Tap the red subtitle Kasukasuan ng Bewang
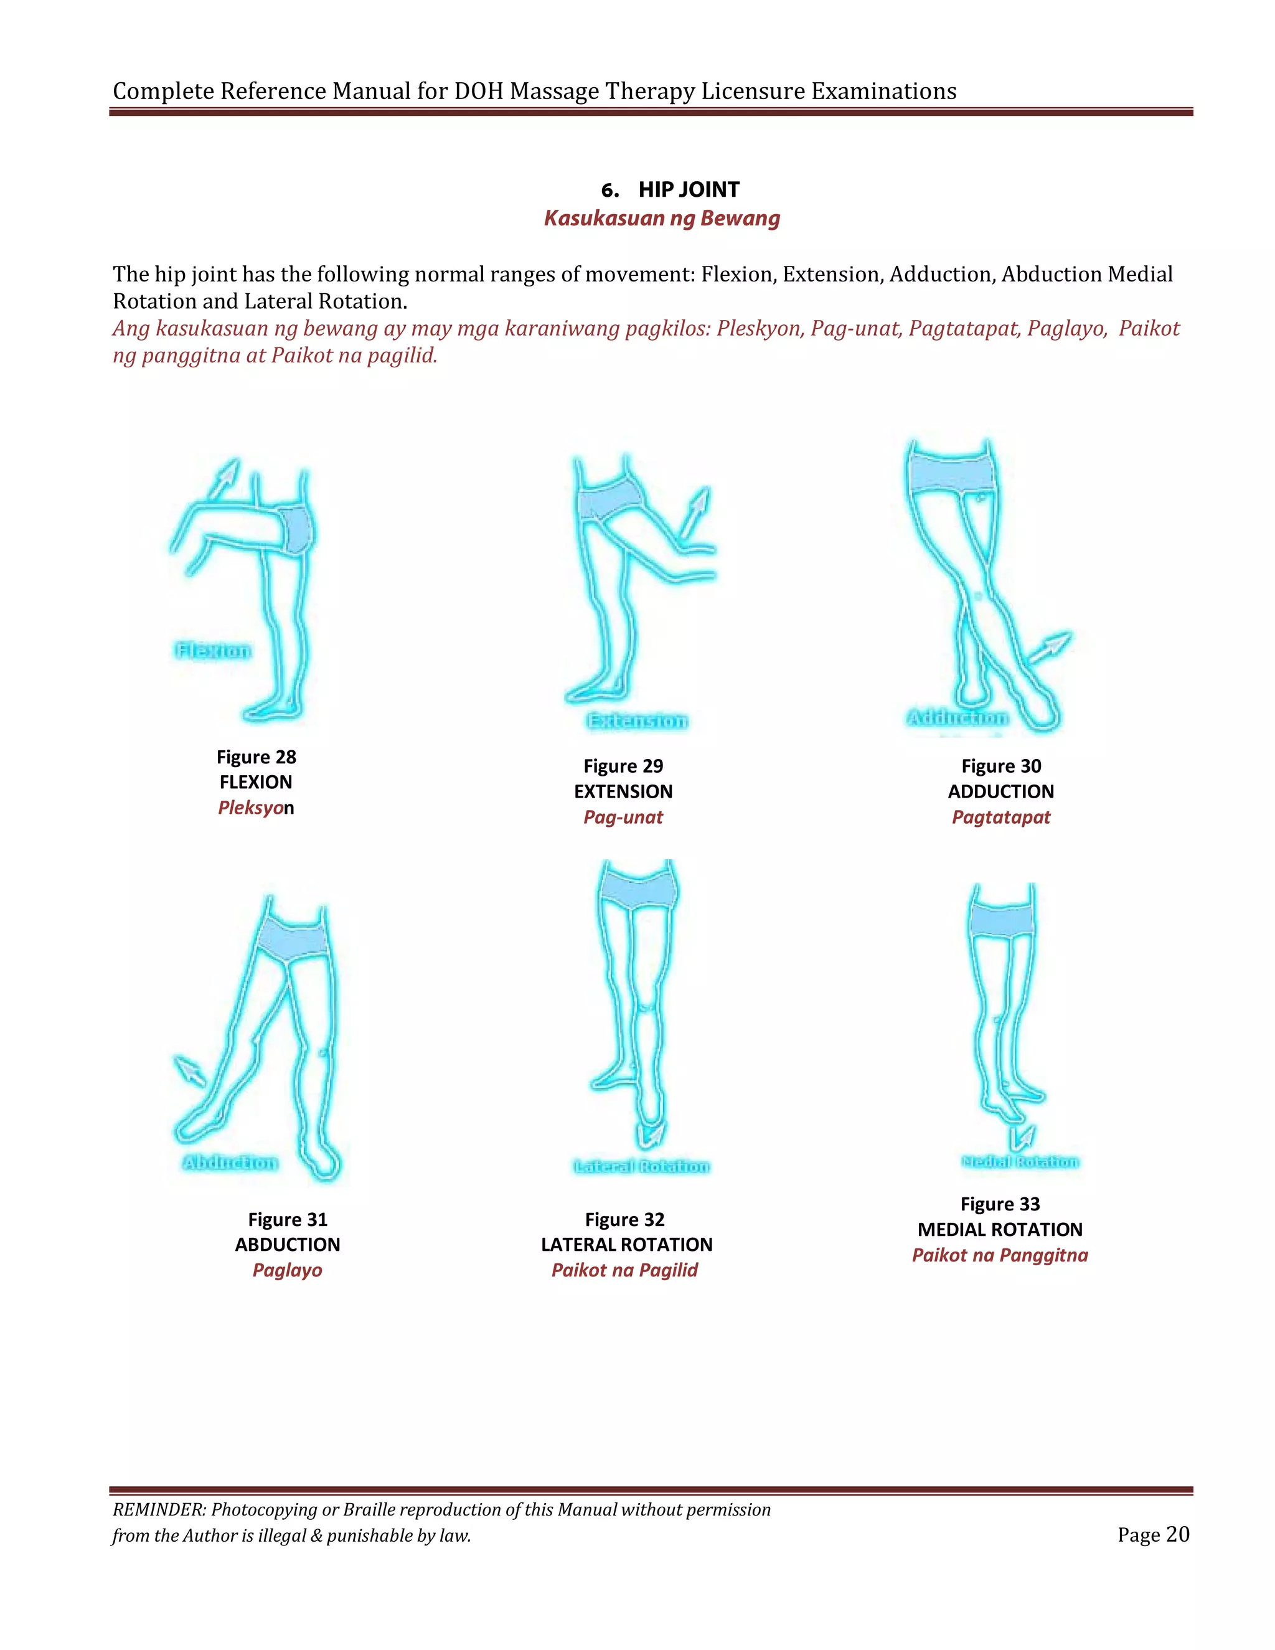click(x=662, y=219)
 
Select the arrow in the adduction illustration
click(x=1050, y=648)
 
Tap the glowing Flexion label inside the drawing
click(x=212, y=651)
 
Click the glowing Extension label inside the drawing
click(x=637, y=721)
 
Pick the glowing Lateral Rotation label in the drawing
click(x=641, y=1166)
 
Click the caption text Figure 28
click(x=256, y=757)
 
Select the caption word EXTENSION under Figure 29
click(x=623, y=792)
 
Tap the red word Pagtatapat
click(x=1001, y=818)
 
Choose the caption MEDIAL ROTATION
click(x=1000, y=1229)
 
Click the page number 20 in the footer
click(x=1177, y=1534)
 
